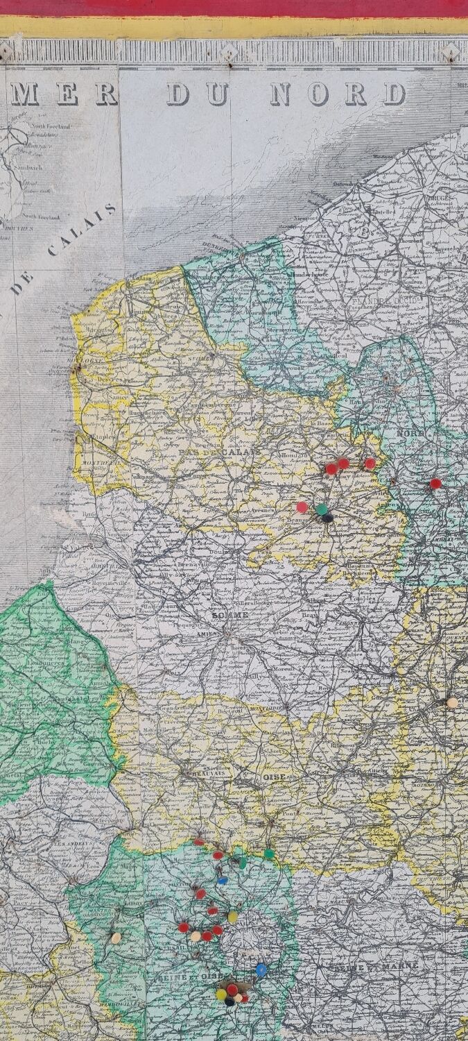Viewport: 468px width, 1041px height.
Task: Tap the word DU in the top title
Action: click(198, 94)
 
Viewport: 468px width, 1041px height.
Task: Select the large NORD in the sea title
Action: click(337, 94)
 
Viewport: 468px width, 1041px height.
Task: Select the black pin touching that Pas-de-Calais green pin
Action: click(327, 518)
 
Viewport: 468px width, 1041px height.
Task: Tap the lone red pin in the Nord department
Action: click(435, 483)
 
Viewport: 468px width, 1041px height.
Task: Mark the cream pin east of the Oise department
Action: click(452, 703)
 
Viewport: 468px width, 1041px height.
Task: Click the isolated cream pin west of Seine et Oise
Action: click(116, 938)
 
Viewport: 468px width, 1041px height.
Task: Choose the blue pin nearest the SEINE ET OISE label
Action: click(261, 970)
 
